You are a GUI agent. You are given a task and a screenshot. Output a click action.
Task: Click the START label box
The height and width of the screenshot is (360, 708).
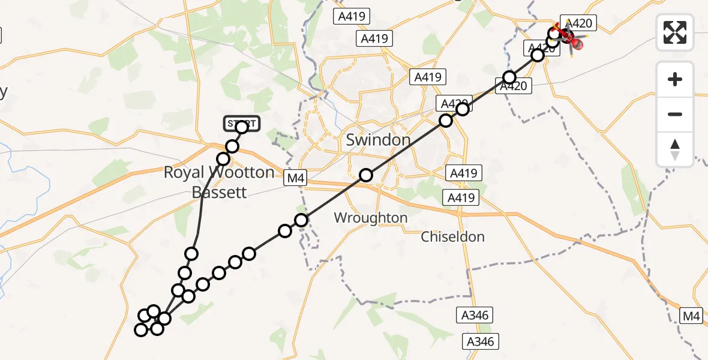242,124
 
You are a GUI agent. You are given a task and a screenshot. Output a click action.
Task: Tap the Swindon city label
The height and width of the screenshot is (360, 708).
378,140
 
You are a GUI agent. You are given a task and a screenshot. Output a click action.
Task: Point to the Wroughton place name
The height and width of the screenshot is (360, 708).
371,218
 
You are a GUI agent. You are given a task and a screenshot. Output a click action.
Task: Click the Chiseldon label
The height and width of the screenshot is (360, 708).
452,236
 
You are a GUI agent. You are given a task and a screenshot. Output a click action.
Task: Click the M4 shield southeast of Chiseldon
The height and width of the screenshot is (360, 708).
692,315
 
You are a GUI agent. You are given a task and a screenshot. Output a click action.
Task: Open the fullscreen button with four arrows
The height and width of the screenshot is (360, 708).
675,32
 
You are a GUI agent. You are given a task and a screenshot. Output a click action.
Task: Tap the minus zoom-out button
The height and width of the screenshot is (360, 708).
675,114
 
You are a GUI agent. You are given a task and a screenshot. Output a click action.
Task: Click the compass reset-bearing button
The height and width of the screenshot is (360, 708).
675,149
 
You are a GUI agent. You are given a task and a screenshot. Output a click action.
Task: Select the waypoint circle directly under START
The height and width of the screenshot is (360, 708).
242,127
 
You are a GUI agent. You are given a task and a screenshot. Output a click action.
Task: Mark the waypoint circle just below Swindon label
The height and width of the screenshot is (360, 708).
366,175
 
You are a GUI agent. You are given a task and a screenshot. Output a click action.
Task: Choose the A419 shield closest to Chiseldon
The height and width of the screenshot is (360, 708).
460,197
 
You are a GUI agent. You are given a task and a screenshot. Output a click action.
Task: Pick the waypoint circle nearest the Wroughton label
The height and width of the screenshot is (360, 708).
302,220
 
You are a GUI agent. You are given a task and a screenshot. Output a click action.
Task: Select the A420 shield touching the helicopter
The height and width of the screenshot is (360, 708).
579,24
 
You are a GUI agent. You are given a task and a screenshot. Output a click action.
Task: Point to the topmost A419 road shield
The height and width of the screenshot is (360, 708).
352,16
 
